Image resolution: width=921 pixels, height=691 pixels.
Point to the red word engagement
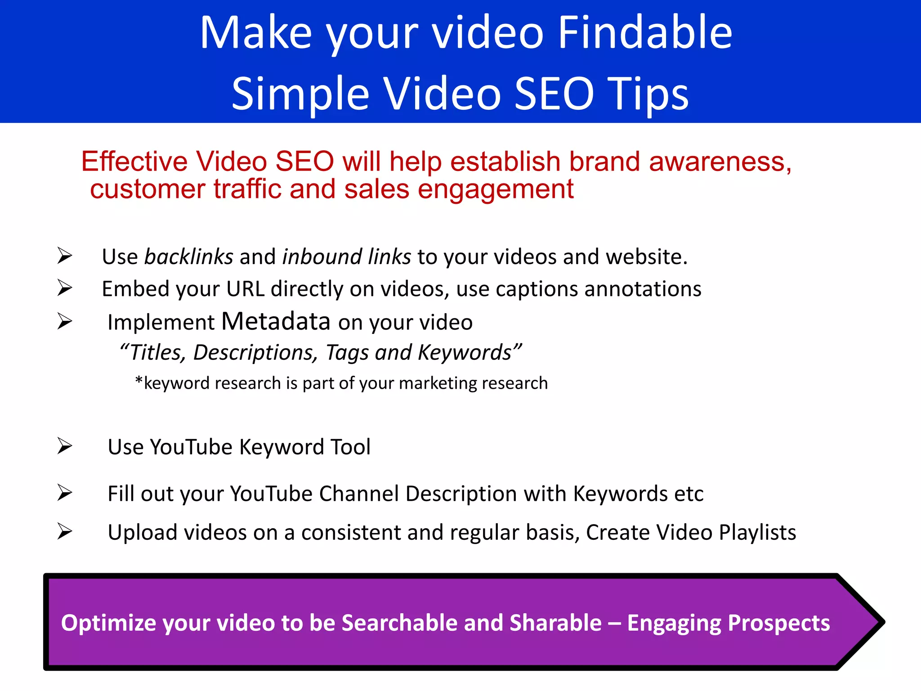496,189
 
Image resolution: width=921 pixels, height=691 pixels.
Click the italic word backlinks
188,257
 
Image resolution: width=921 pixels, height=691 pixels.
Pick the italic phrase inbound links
346,257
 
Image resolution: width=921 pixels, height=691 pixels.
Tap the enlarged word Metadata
276,321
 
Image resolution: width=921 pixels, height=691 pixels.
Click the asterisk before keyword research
139,381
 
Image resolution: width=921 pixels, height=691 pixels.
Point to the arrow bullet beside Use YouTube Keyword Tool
65,446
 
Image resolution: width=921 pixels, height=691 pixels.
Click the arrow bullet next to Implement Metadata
65,321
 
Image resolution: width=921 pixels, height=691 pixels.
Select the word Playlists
757,532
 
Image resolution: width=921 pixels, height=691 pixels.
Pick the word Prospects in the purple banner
778,623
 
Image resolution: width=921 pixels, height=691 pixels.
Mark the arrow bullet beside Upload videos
65,532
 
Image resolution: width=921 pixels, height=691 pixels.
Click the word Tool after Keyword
350,447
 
